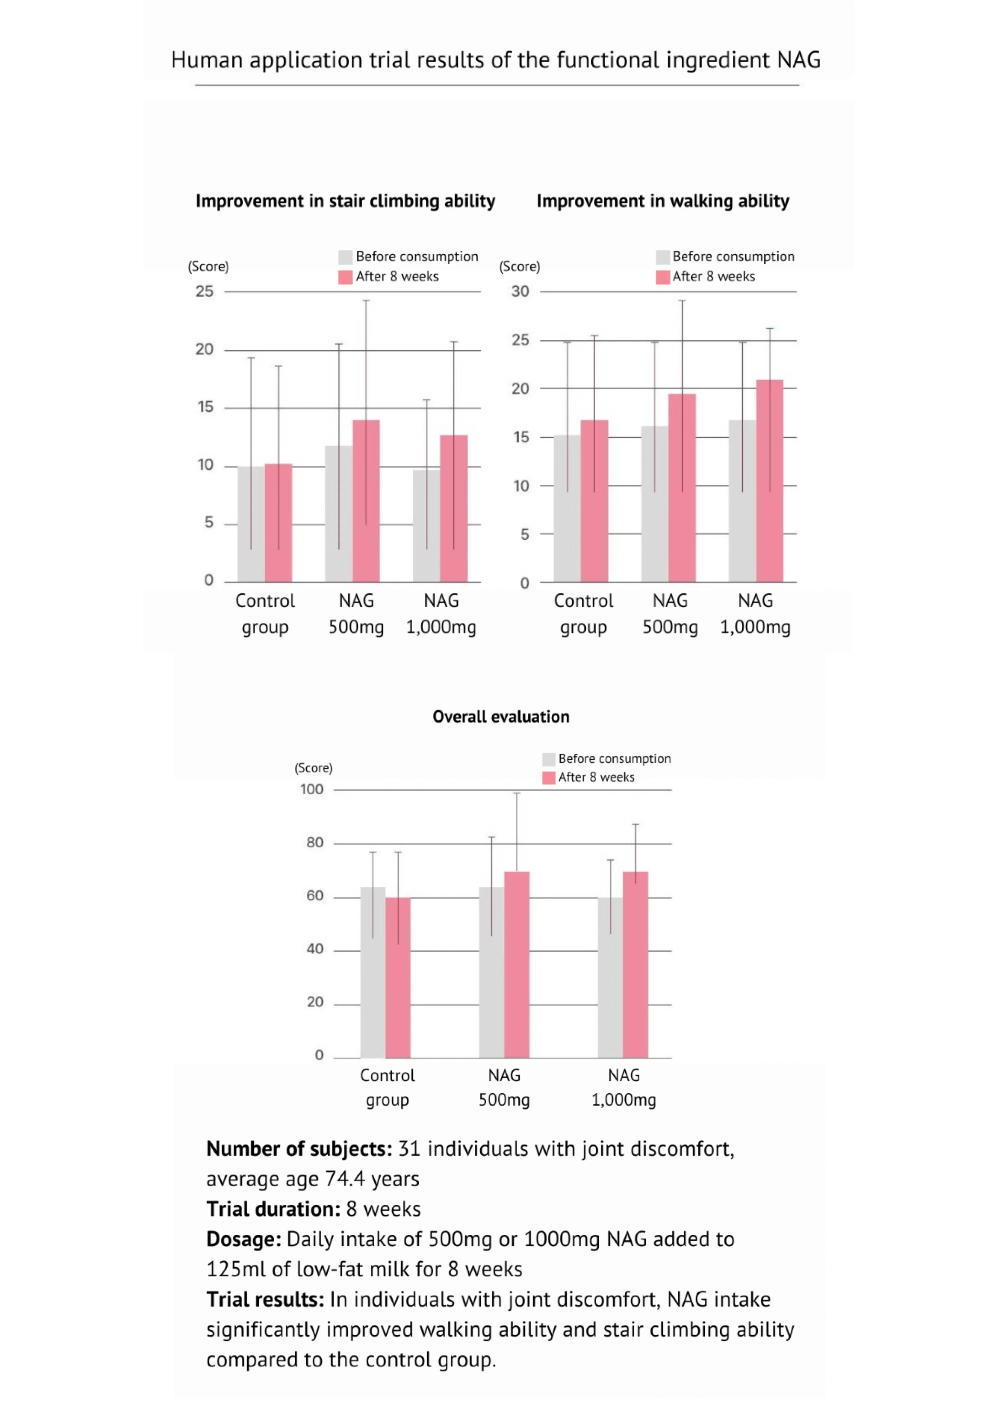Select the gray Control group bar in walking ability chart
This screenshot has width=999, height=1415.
[567, 509]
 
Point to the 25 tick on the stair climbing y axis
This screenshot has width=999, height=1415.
[205, 292]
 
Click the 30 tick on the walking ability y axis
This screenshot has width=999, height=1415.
[520, 292]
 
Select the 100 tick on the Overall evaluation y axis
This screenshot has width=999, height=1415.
[312, 789]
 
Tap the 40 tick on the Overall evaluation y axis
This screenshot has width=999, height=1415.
[315, 949]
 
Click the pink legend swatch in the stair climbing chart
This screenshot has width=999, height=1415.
[345, 277]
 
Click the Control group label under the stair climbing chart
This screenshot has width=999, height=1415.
[265, 614]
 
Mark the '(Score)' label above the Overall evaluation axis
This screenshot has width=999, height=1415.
[313, 768]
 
